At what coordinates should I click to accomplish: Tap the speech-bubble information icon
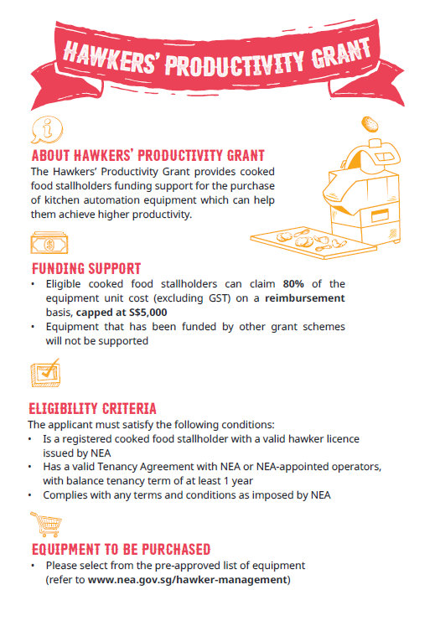coord(46,129)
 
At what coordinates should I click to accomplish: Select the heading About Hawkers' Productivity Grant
coord(148,156)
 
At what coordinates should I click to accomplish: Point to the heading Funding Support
coord(86,269)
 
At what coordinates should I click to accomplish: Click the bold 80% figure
coord(296,285)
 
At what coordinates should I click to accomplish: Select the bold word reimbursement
coord(304,298)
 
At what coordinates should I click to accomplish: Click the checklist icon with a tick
coord(45,371)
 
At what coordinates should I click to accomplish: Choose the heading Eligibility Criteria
coord(93,409)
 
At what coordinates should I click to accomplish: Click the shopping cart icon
coord(45,525)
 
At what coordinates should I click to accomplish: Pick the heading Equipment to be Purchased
coord(121,550)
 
